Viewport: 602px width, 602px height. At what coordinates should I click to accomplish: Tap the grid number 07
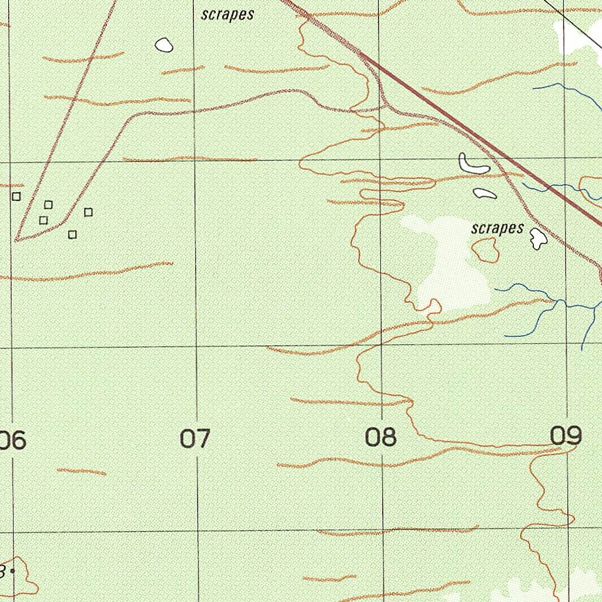coord(195,439)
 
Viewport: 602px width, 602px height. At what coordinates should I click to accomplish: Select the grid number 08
coord(381,437)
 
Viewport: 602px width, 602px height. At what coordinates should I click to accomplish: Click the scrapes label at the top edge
coord(228,15)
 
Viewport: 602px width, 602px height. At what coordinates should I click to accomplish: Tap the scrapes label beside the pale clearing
coord(497,228)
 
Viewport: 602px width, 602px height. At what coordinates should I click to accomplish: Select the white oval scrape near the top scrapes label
coord(163,45)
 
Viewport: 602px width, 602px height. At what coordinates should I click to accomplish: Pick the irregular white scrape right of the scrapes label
coord(537,238)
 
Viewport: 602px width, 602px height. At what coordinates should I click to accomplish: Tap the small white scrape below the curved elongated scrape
coord(484,193)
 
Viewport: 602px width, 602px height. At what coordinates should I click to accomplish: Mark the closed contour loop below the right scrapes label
coord(486,250)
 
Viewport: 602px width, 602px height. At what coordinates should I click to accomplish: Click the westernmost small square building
coord(16,196)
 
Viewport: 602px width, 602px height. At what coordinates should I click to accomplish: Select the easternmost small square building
coord(88,212)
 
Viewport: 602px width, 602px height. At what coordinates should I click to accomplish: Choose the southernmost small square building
coord(72,235)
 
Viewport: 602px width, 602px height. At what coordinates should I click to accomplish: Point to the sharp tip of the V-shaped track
coord(16,240)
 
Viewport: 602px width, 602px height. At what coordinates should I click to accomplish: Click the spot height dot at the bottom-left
coord(12,570)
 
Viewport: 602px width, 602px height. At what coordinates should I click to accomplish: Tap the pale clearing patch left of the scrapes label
coord(453,265)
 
